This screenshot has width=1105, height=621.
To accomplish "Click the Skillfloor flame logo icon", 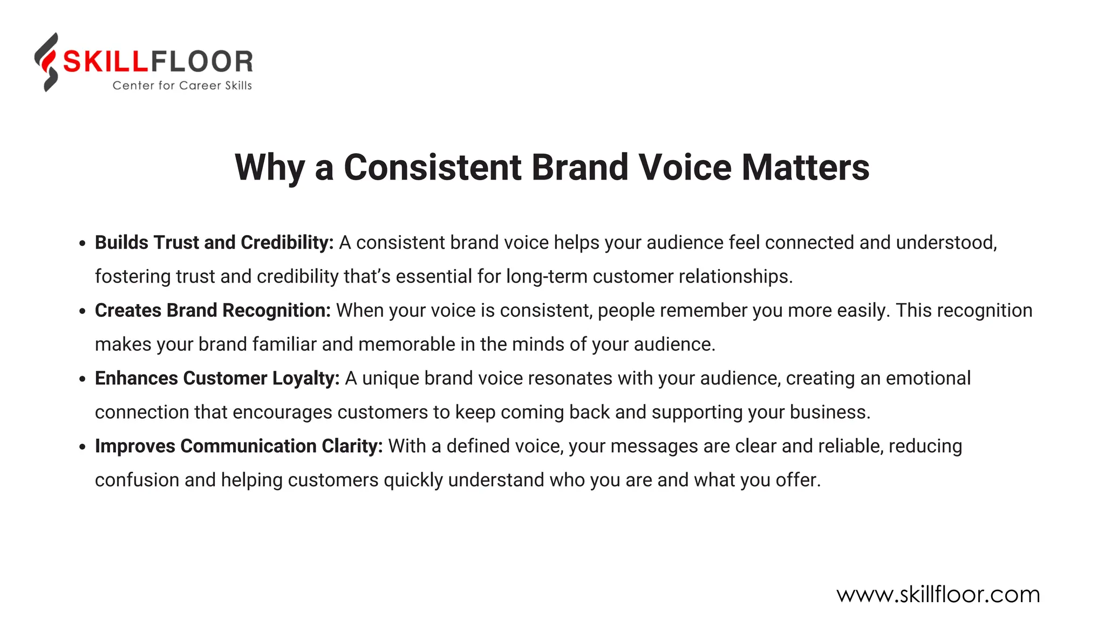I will (x=47, y=62).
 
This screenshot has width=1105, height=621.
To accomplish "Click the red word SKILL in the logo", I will (x=105, y=61).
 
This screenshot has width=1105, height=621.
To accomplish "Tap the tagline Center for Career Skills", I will (x=182, y=86).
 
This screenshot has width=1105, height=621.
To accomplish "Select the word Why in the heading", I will (x=269, y=168).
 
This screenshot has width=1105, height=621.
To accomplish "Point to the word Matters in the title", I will (x=806, y=167).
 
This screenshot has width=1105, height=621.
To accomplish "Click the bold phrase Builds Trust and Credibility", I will (x=214, y=243).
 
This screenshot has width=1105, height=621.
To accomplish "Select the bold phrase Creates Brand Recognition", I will (x=213, y=310).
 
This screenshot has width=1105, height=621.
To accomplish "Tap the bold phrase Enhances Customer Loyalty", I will (x=217, y=378).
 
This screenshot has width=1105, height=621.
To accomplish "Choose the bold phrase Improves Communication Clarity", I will (x=238, y=446).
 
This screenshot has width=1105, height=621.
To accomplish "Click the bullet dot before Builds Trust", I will (x=82, y=244).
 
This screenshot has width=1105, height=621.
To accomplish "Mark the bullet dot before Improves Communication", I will (x=82, y=447).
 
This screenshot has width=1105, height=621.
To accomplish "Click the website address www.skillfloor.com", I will (x=938, y=595).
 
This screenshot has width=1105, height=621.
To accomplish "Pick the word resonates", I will (x=570, y=378).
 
